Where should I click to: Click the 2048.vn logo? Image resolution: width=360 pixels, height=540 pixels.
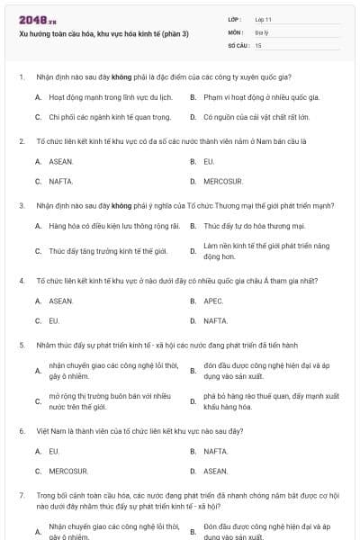37,20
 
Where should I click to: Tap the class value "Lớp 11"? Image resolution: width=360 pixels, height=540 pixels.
264,19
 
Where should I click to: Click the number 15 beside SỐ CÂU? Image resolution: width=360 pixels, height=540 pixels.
258,44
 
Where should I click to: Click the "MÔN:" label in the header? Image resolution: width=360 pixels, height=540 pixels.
236,31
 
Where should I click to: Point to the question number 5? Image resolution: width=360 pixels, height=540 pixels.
22,345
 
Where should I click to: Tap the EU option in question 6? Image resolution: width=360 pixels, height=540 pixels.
54,450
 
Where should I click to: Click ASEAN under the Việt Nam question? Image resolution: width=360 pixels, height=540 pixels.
216,470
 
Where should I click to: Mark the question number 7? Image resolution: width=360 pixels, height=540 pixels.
22,495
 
